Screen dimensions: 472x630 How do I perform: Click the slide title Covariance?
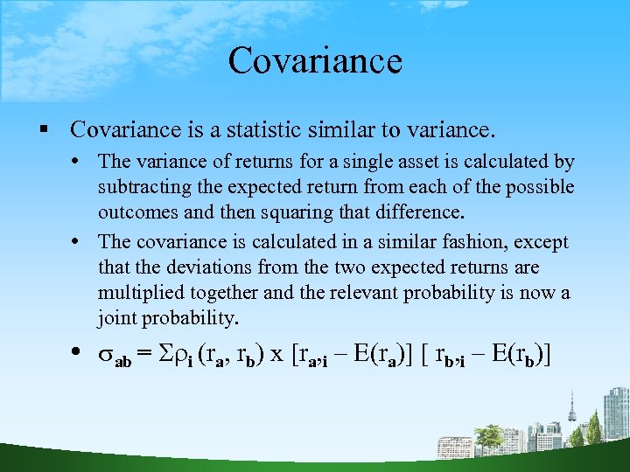tap(315, 60)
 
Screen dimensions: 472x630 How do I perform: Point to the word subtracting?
tap(143, 187)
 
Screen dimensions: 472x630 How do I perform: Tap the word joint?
tap(119, 318)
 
